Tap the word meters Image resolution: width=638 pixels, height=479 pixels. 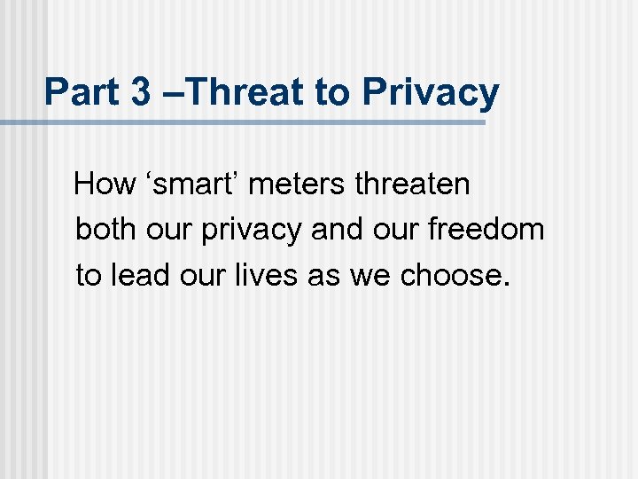299,184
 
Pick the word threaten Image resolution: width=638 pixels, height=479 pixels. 412,184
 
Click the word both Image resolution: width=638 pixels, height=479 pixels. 105,229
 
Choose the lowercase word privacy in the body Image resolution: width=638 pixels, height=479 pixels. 253,231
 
